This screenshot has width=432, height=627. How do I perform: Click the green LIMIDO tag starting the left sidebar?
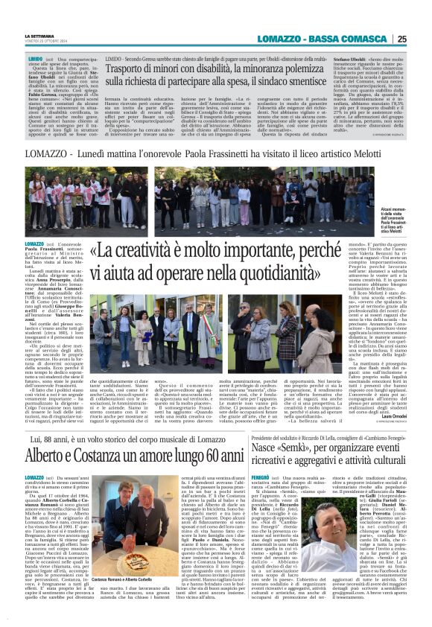point(34,57)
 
